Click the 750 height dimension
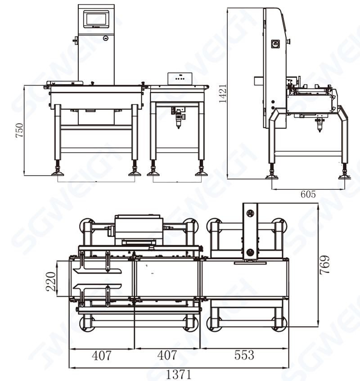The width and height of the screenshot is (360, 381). coord(19,130)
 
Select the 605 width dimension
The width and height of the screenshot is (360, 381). coord(308,194)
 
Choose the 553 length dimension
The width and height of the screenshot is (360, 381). coord(244,355)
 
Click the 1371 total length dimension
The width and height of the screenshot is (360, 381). coord(179,374)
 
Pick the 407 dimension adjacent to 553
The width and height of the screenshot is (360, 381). coord(167,355)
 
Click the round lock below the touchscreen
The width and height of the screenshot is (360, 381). coord(105,38)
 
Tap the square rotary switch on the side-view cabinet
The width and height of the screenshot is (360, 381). coord(275,44)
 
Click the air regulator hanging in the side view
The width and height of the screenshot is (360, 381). coord(319,123)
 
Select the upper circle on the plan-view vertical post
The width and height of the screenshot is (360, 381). coord(250,212)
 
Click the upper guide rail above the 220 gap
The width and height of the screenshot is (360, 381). coord(97,270)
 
